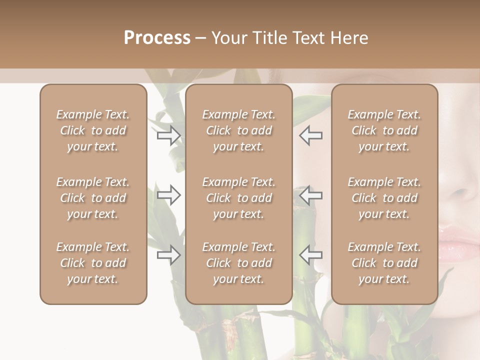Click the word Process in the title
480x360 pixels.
click(157, 38)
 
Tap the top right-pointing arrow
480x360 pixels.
click(169, 135)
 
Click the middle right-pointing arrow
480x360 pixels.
click(169, 195)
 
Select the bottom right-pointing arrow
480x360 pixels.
click(169, 255)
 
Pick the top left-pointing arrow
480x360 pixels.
click(310, 135)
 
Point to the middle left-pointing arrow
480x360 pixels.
click(310, 195)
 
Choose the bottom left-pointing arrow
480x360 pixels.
click(310, 255)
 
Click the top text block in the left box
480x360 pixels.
click(93, 130)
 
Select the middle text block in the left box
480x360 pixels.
click(93, 198)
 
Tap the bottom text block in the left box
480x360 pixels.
click(93, 263)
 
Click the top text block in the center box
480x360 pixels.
click(238, 130)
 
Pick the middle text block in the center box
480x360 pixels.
click(238, 198)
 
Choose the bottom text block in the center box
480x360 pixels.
click(238, 263)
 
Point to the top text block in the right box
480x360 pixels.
click(384, 130)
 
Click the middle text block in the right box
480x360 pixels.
click(384, 198)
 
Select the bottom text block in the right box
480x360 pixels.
click(384, 263)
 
